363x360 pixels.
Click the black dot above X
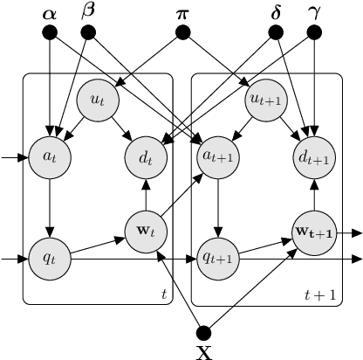point(205,332)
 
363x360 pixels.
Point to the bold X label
point(205,351)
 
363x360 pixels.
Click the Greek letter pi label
point(182,13)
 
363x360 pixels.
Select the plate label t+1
point(324,295)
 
